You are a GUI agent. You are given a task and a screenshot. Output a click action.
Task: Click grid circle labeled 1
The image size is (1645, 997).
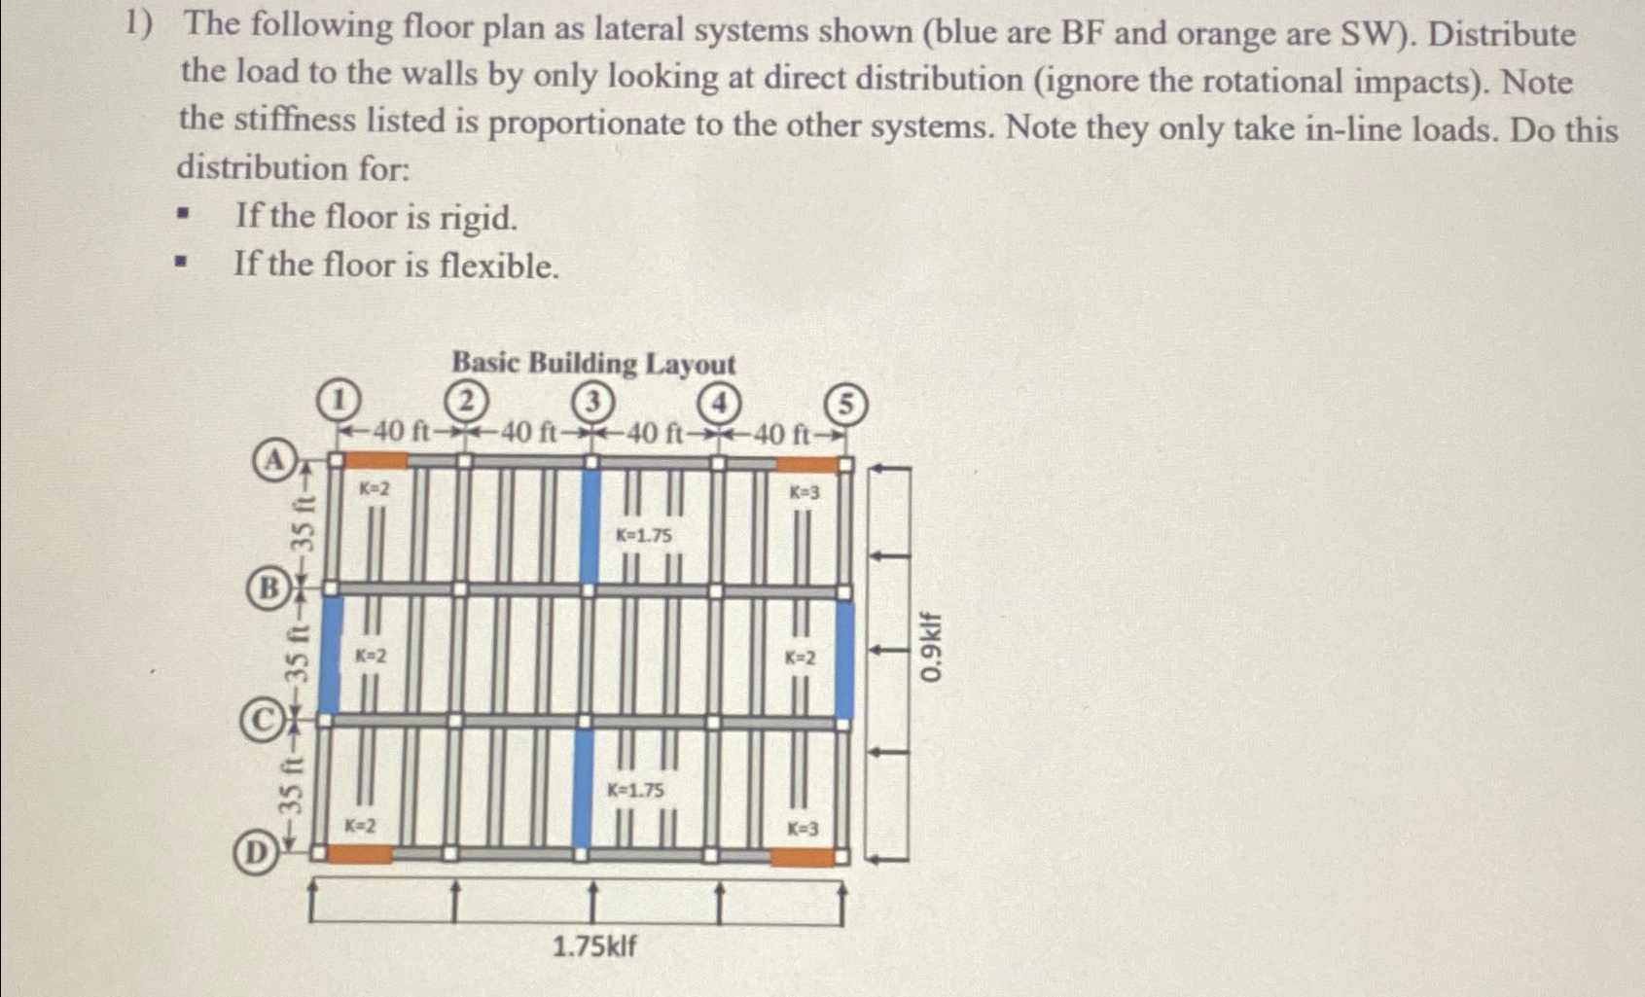point(338,400)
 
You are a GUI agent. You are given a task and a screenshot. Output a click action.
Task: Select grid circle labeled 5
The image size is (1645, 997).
point(845,404)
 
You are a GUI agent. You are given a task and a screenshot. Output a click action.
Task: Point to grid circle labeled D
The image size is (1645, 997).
point(253,853)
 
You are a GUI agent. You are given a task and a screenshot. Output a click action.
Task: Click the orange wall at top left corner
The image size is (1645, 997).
point(377,459)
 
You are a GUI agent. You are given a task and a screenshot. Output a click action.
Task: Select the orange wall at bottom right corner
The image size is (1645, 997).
point(803,857)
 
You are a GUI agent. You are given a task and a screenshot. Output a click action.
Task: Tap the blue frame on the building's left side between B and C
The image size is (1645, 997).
point(330,656)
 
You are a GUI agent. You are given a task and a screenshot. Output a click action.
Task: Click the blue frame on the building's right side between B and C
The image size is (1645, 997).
point(844,659)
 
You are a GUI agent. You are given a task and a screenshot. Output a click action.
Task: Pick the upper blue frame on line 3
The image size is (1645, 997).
point(590,525)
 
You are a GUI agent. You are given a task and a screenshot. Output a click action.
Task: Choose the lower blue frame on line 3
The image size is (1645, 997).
point(583,788)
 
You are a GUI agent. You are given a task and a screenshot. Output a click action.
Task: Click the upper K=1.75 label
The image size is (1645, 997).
point(643,535)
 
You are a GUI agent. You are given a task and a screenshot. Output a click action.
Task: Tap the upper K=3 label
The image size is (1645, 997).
point(804,492)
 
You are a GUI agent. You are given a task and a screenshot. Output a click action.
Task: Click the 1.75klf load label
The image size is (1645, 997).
point(594,945)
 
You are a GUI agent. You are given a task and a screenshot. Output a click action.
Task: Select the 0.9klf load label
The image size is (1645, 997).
point(931,647)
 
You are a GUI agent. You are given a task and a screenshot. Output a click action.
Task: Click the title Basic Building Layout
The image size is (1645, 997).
point(593,364)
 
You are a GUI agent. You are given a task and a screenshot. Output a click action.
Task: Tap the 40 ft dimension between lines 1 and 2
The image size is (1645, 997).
point(401,431)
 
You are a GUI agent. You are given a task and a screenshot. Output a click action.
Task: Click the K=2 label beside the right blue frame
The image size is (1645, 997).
point(801,658)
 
